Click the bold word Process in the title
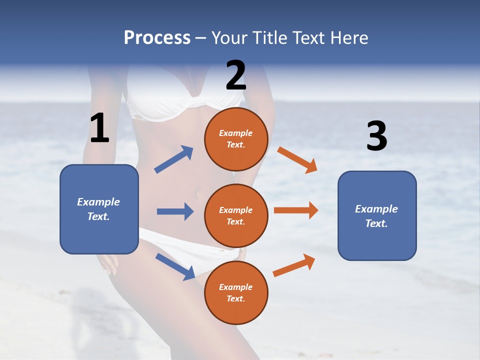tap(157, 38)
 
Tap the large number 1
tap(99, 128)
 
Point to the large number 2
tap(236, 75)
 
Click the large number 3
tap(376, 136)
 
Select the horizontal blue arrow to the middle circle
tap(175, 211)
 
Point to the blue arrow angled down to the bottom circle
tap(175, 266)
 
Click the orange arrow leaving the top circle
tap(297, 160)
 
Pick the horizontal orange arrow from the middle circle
tap(296, 210)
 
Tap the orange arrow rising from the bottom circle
tap(294, 265)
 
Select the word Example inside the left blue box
tap(98, 202)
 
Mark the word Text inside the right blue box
tap(375, 223)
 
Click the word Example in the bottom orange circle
tap(236, 287)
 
